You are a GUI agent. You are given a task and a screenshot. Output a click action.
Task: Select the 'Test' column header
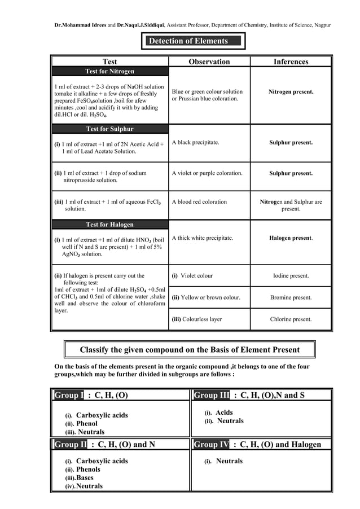(110, 62)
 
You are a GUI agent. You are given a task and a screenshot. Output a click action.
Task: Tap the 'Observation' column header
(209, 62)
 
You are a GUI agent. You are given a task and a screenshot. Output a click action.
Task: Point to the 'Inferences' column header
(291, 62)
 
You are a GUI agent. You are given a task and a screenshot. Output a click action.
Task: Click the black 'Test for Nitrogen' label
(109, 71)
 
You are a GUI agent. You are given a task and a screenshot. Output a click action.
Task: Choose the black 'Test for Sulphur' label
(109, 129)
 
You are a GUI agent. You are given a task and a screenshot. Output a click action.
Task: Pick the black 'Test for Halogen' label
(109, 225)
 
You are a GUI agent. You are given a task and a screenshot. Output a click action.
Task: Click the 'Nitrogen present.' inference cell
(291, 91)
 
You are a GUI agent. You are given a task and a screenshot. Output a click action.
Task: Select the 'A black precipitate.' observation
(195, 143)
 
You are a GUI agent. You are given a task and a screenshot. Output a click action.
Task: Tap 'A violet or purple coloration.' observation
(207, 173)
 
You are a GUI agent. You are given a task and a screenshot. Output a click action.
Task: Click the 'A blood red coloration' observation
(199, 201)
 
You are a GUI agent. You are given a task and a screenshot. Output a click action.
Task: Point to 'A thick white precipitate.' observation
(202, 238)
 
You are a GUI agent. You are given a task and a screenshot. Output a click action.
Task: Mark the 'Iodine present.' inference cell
(291, 276)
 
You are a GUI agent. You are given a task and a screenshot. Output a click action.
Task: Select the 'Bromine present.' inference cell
(291, 297)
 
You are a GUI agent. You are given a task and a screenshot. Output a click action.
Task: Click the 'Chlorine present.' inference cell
(291, 319)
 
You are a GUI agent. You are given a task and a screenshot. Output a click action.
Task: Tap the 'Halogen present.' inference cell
(291, 238)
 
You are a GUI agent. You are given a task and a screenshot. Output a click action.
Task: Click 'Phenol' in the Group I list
(86, 424)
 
